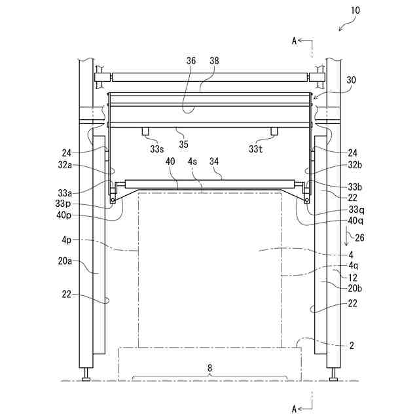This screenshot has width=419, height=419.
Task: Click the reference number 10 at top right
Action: click(x=355, y=10)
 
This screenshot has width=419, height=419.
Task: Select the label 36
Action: click(x=191, y=61)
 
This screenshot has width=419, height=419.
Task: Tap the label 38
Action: click(x=214, y=61)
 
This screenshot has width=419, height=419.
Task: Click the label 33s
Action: click(x=156, y=149)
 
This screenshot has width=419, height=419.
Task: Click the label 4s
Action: click(x=193, y=160)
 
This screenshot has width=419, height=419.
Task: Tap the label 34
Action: click(x=214, y=160)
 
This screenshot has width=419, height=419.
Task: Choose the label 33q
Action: click(x=356, y=209)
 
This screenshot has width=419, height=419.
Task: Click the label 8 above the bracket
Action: click(x=210, y=369)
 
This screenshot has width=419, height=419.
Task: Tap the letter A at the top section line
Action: click(x=294, y=41)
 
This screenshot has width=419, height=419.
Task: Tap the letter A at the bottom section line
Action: click(x=294, y=409)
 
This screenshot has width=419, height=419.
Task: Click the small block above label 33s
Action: click(x=146, y=131)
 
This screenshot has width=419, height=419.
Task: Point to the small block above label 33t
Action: click(x=273, y=131)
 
